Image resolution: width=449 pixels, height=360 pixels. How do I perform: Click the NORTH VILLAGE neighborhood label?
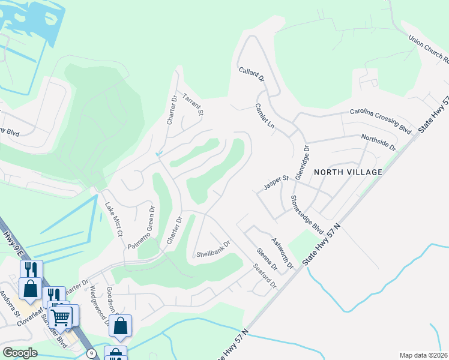click(x=346, y=172)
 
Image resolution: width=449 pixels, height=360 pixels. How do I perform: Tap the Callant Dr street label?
click(x=252, y=74)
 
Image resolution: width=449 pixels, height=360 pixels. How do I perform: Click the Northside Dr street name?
click(x=379, y=142)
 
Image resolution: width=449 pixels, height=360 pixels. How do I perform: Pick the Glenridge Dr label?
click(x=306, y=159)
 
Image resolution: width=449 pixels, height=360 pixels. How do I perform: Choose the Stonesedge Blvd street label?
click(x=307, y=214)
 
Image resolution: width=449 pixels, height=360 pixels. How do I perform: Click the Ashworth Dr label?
click(x=282, y=253)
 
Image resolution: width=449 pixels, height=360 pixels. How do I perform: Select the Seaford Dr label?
click(x=264, y=275)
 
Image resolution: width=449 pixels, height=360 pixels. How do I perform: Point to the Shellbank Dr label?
click(x=214, y=254)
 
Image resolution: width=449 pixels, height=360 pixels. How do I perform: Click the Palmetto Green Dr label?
click(x=141, y=228)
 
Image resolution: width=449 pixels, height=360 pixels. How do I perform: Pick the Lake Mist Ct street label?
click(x=113, y=219)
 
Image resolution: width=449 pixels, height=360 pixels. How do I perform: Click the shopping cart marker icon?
click(x=60, y=315)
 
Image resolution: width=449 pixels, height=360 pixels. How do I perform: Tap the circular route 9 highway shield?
click(x=91, y=353)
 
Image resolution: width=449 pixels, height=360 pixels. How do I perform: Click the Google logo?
click(x=20, y=353)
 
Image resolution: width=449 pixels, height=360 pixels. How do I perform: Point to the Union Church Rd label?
click(x=429, y=49)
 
